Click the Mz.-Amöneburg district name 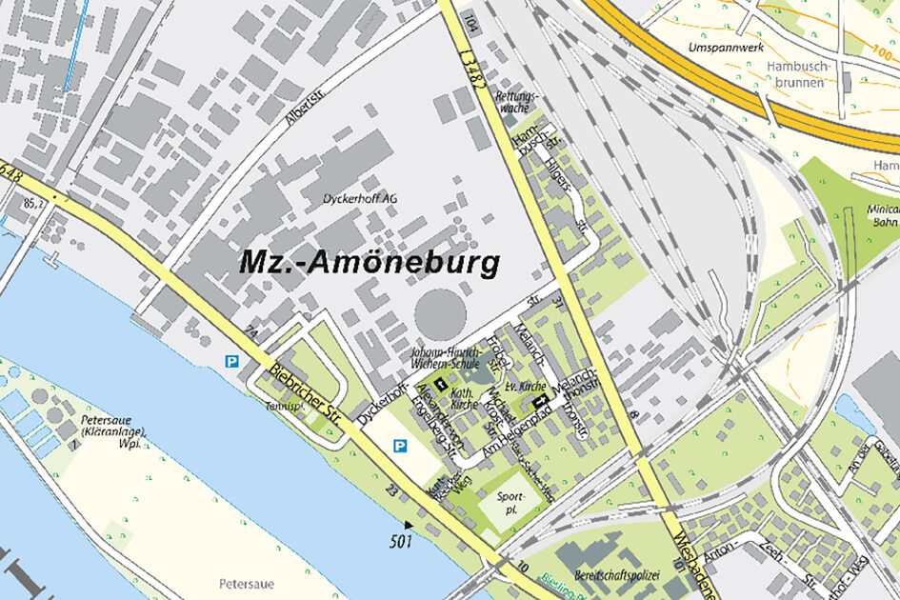(x=370, y=263)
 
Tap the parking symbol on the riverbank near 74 (x=230, y=361)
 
